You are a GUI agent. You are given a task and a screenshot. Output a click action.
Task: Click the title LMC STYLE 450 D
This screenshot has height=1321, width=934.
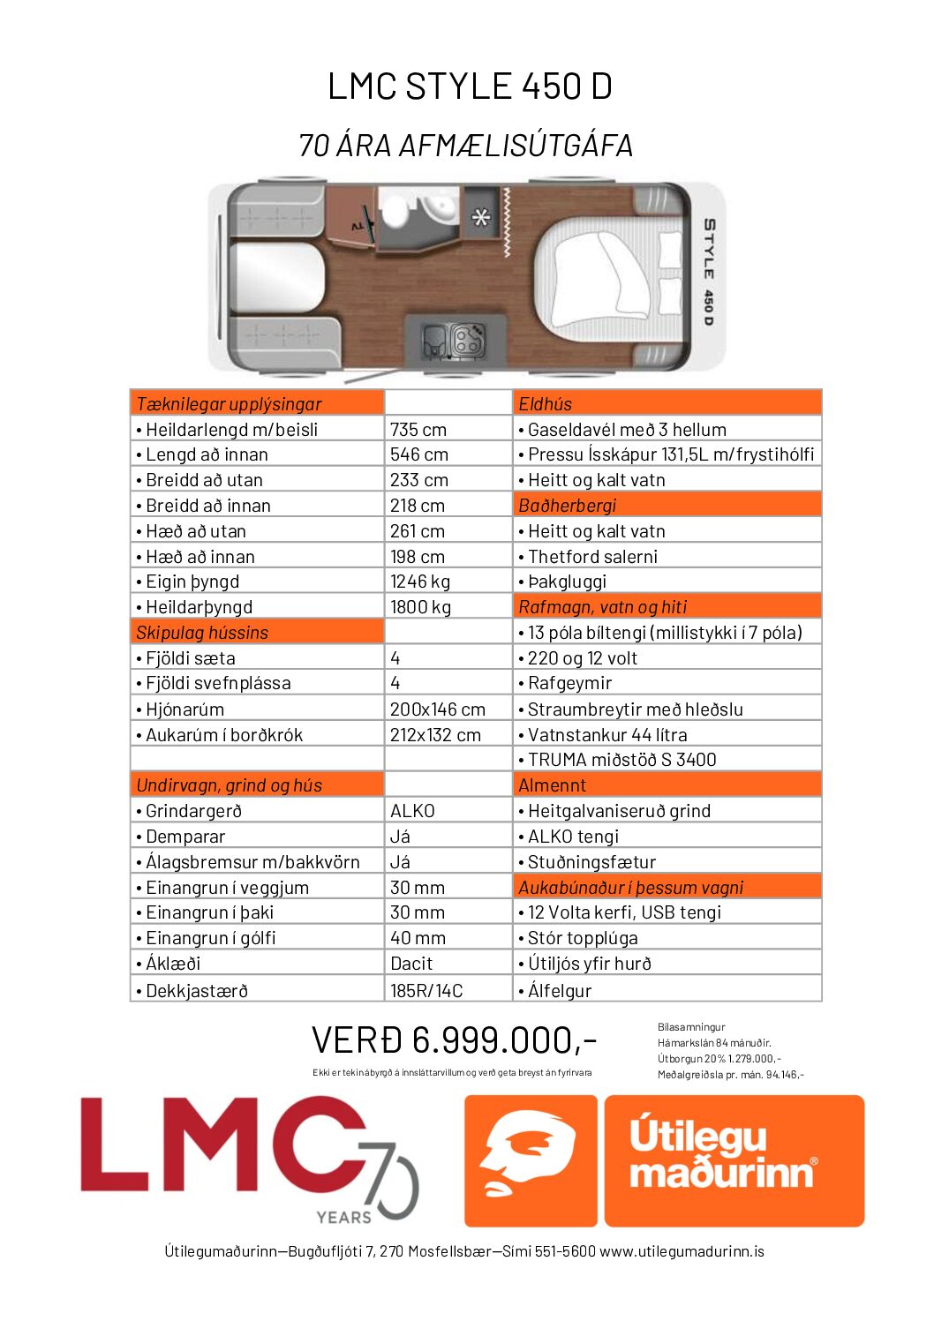[x=469, y=86]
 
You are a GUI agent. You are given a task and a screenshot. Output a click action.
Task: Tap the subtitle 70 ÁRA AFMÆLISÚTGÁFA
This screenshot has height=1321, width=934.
[x=466, y=146]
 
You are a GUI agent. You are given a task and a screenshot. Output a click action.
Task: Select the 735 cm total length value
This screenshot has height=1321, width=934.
[x=418, y=430]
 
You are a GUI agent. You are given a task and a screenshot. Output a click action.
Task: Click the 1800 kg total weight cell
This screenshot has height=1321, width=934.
[x=420, y=607]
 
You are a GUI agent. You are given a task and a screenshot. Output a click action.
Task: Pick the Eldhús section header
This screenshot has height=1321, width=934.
[x=545, y=404]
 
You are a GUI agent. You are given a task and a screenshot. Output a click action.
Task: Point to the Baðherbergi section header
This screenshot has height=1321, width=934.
[x=567, y=506]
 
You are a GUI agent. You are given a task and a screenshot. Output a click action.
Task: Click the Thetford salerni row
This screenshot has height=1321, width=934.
[x=592, y=557]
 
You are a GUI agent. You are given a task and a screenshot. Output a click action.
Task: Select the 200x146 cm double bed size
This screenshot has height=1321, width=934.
[x=437, y=709]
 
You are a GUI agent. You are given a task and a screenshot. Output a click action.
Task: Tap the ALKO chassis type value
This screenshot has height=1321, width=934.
[x=412, y=811]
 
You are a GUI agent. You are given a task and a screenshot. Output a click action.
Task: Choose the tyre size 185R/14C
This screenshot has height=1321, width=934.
[x=426, y=991]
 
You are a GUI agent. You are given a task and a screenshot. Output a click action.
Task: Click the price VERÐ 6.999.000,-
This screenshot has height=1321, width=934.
[x=455, y=1040]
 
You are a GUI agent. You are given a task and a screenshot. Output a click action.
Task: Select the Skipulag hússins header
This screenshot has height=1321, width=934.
[x=202, y=633]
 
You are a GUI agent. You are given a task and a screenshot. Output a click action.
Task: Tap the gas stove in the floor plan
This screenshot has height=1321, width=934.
[x=467, y=340]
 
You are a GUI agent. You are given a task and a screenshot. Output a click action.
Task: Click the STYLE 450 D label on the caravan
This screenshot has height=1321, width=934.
[x=708, y=272]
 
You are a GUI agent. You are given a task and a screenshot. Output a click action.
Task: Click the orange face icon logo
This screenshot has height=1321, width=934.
[x=531, y=1160]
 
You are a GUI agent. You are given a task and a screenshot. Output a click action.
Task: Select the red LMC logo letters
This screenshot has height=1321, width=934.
[x=221, y=1145]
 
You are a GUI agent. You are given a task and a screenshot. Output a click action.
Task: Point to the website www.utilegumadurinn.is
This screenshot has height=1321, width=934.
[x=682, y=1251]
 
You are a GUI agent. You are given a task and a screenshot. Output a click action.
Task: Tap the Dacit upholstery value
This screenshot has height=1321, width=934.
[x=411, y=964]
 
